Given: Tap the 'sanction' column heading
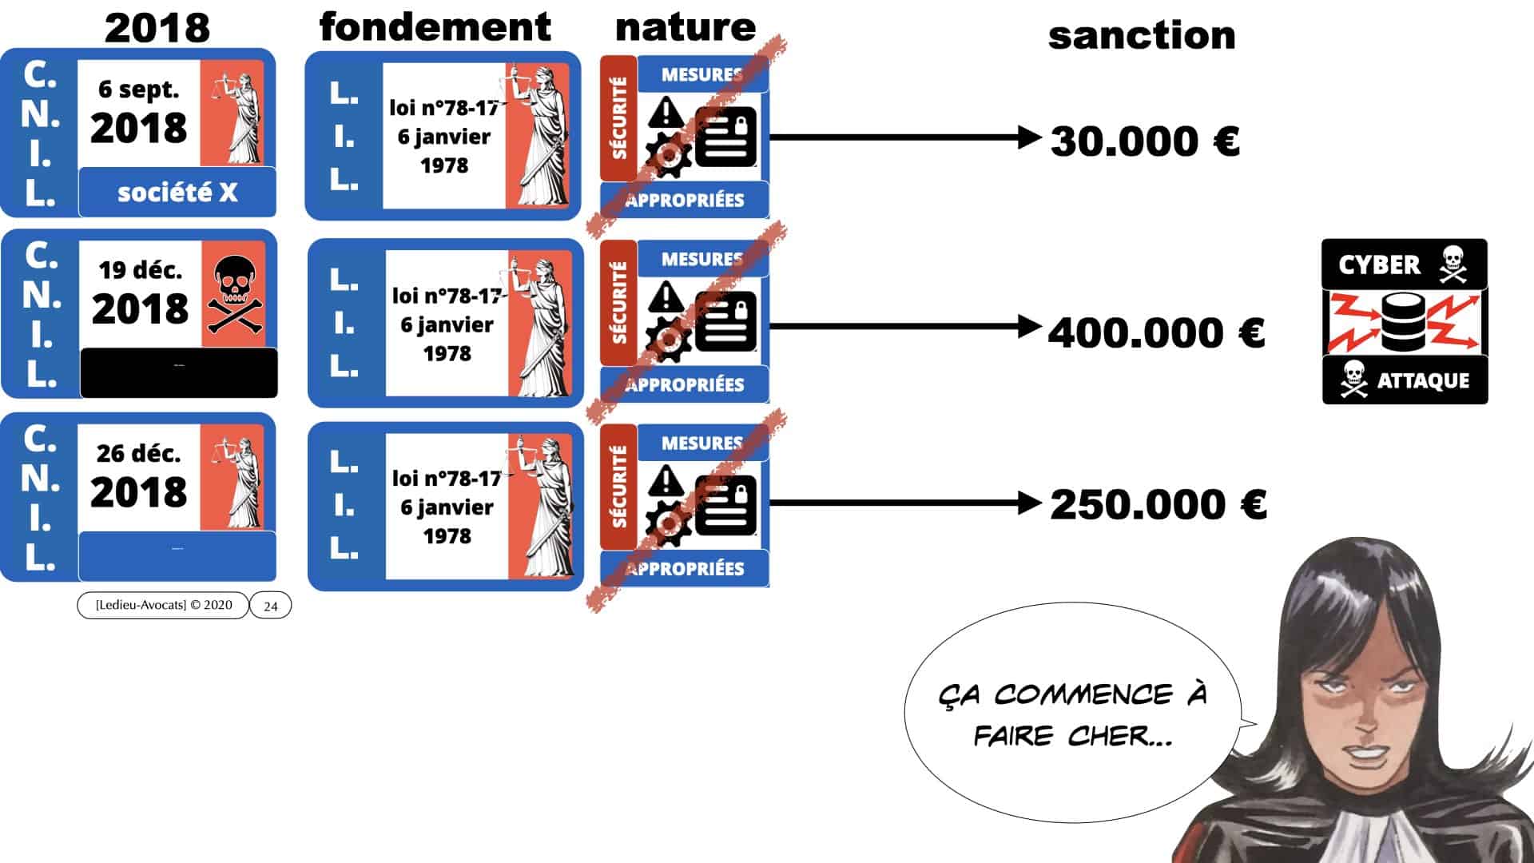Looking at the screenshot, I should pos(1141,36).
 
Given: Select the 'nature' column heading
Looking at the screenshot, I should pos(685,27).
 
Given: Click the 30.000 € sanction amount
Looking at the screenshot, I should pos(1144,141).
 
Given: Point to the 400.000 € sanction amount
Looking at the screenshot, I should pos(1156,332).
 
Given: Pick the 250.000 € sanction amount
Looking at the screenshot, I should pos(1158,504).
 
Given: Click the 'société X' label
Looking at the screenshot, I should pos(177,193).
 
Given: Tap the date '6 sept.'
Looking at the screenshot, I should pos(138,89).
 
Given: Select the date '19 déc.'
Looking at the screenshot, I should pos(140,270).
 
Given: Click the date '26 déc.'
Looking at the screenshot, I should pos(138,453).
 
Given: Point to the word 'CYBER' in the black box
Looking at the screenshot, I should pos(1379,264).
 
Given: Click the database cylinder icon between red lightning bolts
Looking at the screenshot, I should pos(1403,322).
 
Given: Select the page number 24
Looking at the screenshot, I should pos(271,606).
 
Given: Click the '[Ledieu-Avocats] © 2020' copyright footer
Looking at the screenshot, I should pos(164,605).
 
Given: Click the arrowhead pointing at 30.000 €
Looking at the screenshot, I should pos(1029,137).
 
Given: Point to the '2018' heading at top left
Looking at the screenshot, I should pos(157,28).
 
